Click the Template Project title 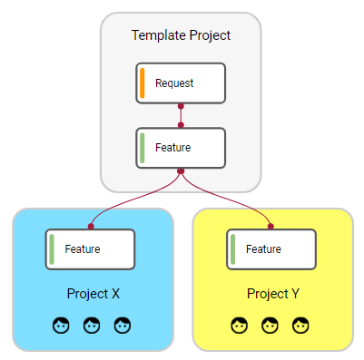[181, 35]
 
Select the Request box [181, 83]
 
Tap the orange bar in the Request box [143, 83]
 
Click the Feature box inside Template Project [181, 147]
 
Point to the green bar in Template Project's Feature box [143, 147]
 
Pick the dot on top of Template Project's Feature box [181, 125]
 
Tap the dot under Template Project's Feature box [181, 170]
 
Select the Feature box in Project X [91, 248]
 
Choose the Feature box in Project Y [271, 248]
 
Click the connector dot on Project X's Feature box [91, 227]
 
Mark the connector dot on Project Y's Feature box [271, 227]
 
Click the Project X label [93, 294]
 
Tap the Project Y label [273, 294]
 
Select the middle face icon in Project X [92, 324]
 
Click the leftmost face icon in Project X [62, 324]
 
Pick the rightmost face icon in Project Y [300, 324]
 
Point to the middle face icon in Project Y [271, 324]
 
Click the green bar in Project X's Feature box [53, 248]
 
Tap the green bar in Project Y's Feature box [233, 248]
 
